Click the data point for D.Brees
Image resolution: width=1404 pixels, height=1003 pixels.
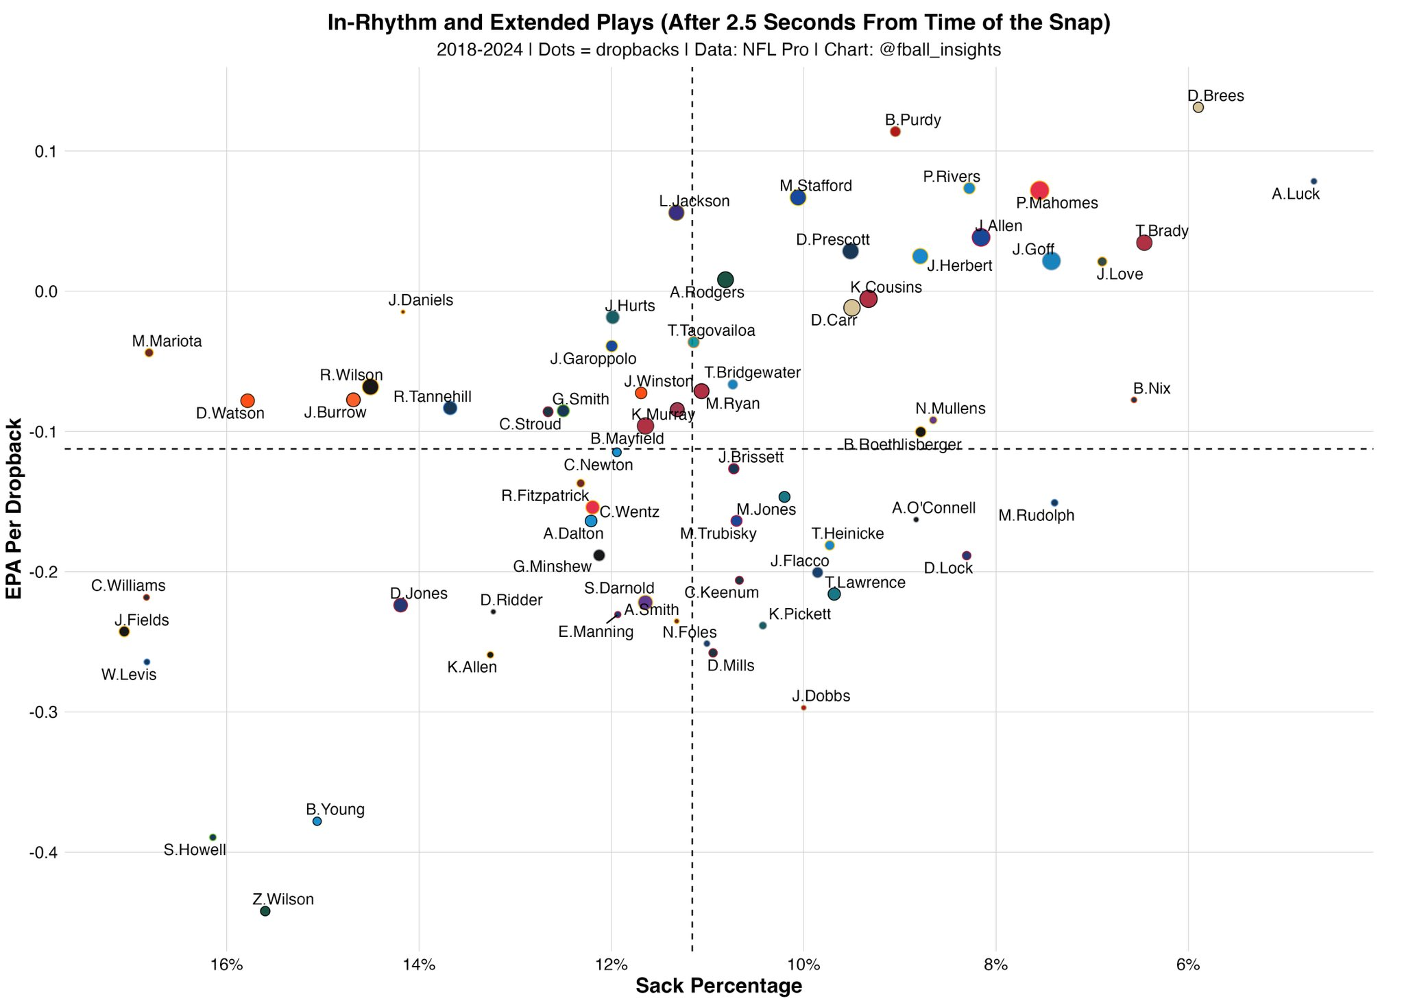click(x=1198, y=108)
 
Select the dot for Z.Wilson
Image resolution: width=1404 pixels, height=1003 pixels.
click(x=265, y=911)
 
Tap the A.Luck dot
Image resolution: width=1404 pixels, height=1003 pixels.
click(x=1314, y=181)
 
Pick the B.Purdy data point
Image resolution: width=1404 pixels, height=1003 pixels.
click(x=895, y=132)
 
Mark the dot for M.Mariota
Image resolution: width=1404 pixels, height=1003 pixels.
click(x=149, y=353)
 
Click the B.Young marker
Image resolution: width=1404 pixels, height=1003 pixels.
click(x=317, y=821)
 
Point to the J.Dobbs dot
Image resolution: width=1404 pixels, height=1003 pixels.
click(x=803, y=708)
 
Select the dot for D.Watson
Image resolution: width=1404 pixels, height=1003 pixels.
click(x=247, y=401)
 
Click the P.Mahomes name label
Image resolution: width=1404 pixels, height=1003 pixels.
click(x=1056, y=204)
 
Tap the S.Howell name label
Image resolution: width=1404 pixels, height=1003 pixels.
click(x=195, y=851)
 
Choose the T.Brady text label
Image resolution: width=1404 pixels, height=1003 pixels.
click(x=1161, y=231)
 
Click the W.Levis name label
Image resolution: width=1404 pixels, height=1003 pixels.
click(x=129, y=675)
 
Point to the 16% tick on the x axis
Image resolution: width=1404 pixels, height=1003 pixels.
click(x=227, y=965)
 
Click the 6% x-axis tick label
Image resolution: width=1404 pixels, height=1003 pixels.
click(x=1188, y=965)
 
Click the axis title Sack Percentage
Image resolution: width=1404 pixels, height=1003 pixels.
click(x=718, y=987)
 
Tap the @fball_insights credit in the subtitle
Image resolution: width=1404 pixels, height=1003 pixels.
click(x=939, y=50)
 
